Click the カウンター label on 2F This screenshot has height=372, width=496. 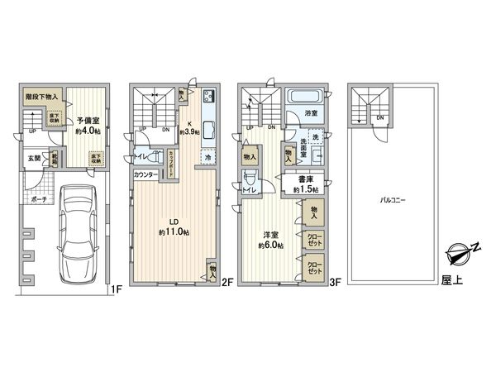pyautogui.click(x=146, y=175)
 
